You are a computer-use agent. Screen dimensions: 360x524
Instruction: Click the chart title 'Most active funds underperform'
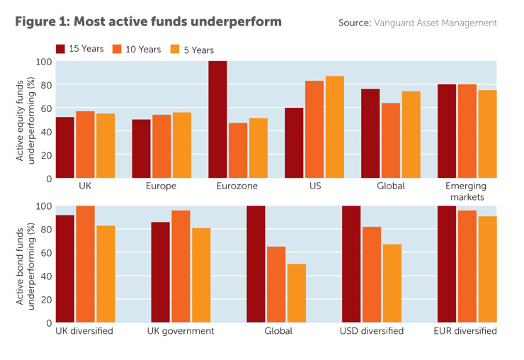(x=148, y=22)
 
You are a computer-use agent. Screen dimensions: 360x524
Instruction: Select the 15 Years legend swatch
(x=61, y=49)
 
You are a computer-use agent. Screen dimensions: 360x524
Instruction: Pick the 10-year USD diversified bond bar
(x=372, y=274)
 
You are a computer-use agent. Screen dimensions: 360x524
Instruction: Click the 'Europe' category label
(x=161, y=186)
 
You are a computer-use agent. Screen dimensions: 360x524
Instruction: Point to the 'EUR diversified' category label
(x=465, y=331)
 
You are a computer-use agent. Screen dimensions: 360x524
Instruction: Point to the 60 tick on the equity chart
(x=45, y=108)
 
